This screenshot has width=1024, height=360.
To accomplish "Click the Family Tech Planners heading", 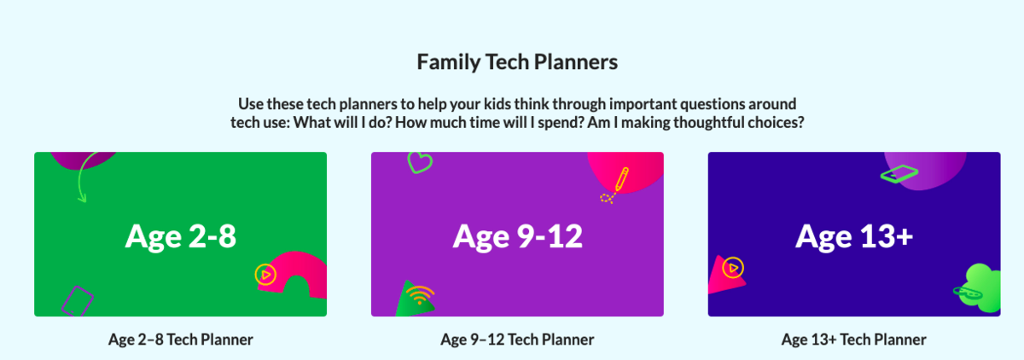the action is [x=517, y=62].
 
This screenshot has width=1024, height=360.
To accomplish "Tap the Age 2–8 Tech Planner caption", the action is [x=181, y=340].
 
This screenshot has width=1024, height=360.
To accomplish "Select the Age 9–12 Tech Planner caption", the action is [x=517, y=340].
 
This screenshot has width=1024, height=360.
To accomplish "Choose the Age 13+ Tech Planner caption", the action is [x=854, y=340].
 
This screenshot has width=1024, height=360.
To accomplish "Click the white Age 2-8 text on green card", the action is [x=181, y=236].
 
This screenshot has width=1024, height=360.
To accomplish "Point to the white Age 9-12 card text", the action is [x=517, y=236].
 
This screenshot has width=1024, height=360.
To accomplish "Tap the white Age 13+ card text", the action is [x=854, y=236].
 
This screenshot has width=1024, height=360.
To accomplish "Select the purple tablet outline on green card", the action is [x=78, y=301].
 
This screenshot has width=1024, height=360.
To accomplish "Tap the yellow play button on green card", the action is [x=265, y=275].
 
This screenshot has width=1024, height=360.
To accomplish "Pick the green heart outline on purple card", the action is [x=420, y=162].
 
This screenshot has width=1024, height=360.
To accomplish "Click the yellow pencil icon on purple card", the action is [x=621, y=179].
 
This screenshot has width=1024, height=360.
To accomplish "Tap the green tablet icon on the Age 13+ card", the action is [x=899, y=174].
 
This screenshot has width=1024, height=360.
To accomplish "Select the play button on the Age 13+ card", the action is [x=733, y=268].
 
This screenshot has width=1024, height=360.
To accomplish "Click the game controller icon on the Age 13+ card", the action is [x=968, y=293].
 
